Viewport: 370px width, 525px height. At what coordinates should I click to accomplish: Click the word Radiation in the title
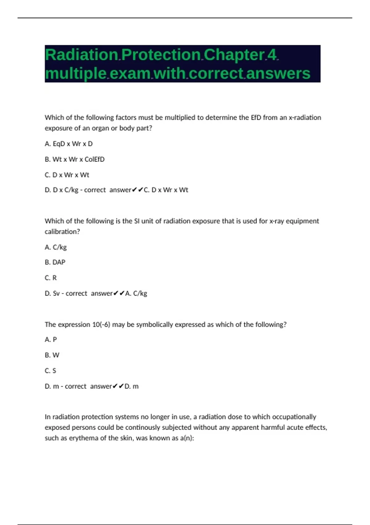[81, 55]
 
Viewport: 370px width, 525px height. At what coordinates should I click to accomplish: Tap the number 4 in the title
[272, 55]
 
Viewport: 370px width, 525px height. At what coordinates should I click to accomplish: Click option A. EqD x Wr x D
[68, 144]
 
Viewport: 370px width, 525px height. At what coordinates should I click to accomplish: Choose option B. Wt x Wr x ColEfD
[75, 159]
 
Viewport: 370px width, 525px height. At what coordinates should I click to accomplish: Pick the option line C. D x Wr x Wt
[67, 175]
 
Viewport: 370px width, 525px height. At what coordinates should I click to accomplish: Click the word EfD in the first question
[256, 118]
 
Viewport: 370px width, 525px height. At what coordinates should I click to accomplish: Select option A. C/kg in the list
[55, 247]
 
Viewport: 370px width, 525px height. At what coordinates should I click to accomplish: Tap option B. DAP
[55, 262]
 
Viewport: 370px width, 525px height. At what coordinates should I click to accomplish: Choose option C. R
[51, 278]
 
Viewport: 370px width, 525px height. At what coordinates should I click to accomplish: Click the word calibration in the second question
[62, 232]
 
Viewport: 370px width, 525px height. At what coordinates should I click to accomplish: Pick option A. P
[51, 340]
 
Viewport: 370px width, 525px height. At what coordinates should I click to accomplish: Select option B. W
[52, 355]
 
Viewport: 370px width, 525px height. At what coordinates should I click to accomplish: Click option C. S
[50, 371]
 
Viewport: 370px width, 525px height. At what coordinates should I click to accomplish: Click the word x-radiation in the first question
[305, 118]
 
